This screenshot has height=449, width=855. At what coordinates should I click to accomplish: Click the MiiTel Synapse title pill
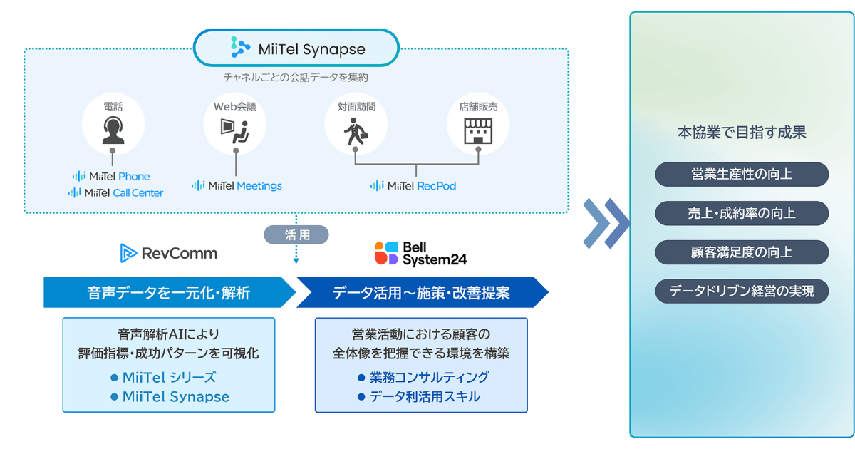(x=296, y=48)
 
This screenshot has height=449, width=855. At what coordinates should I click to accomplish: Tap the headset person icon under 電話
(x=113, y=130)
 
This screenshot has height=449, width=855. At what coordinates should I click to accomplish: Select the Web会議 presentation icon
(x=234, y=131)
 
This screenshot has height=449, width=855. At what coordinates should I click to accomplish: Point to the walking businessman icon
(x=356, y=132)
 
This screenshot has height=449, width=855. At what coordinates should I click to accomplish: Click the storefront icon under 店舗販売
(x=478, y=130)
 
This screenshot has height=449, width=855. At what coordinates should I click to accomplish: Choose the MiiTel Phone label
(x=111, y=176)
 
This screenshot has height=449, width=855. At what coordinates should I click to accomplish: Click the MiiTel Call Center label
(x=115, y=192)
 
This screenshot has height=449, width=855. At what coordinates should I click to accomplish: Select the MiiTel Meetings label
(x=237, y=185)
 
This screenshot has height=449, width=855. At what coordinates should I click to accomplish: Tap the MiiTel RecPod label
(x=413, y=185)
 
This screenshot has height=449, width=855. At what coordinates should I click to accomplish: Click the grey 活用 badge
(x=296, y=234)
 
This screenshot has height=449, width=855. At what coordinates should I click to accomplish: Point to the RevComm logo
(x=169, y=253)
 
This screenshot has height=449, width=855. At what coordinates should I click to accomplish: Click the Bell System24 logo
(x=421, y=253)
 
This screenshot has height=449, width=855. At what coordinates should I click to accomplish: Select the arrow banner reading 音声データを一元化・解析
(x=170, y=292)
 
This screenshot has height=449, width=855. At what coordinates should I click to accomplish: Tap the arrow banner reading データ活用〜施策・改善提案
(x=422, y=292)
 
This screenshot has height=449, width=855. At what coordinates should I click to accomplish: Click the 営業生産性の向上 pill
(x=742, y=175)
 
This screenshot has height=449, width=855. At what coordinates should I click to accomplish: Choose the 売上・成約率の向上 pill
(x=742, y=213)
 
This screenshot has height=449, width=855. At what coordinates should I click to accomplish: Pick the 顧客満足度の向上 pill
(x=742, y=252)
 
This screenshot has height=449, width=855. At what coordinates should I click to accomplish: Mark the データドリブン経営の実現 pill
(x=742, y=291)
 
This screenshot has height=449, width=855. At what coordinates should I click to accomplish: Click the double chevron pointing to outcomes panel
(x=606, y=223)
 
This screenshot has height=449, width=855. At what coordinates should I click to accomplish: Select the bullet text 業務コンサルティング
(x=429, y=377)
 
